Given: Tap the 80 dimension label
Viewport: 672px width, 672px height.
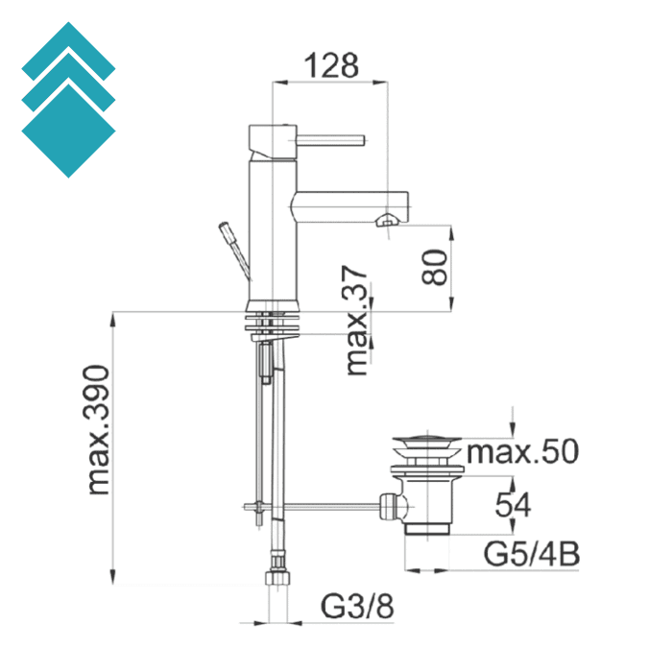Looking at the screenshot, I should coord(433,268).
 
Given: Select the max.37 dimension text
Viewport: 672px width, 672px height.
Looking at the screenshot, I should coord(357,321).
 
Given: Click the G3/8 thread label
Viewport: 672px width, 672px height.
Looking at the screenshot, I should coord(356,607).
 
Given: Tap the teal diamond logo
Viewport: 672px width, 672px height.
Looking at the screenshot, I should coord(67,101).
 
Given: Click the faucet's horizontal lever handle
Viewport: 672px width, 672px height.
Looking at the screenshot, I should coord(331,140).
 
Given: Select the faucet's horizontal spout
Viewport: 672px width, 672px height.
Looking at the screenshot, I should coord(350,203).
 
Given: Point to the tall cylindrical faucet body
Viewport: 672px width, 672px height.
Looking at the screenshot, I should coord(270,230).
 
